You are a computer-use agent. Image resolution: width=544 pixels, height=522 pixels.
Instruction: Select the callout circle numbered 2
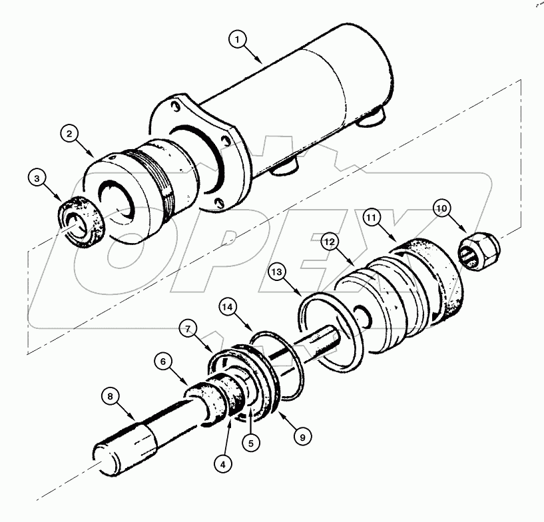69,134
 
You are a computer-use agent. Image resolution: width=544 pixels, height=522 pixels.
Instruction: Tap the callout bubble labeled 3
39,178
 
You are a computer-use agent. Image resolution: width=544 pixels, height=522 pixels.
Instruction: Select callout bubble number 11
372,217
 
